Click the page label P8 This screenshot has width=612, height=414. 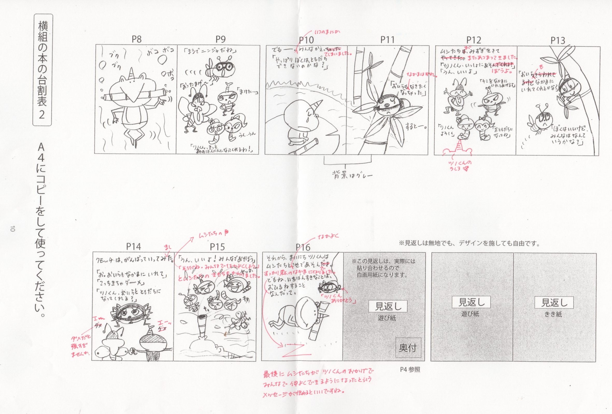tap(136, 39)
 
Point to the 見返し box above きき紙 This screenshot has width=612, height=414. tap(554, 303)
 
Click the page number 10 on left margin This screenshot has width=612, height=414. tap(13, 228)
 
